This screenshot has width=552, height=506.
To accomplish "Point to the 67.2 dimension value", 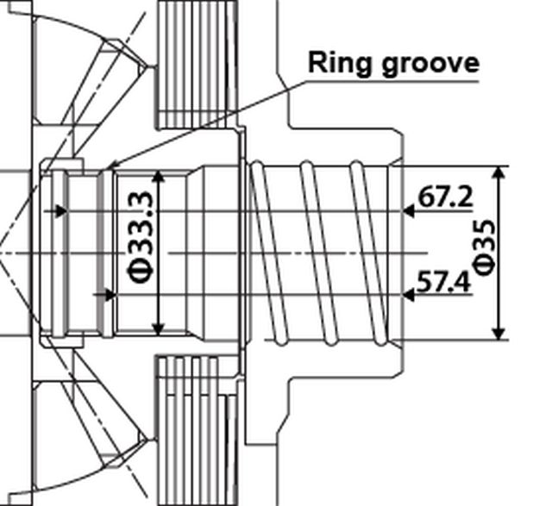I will (446, 197).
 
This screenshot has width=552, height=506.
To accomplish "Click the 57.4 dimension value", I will (444, 281).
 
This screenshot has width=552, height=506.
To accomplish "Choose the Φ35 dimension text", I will (485, 248).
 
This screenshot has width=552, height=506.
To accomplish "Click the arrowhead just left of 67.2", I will (409, 210).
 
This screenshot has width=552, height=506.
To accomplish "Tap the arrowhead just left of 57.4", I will (409, 295).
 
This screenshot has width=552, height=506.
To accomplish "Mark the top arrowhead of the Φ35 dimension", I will (499, 173).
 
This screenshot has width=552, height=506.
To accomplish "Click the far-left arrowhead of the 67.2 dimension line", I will (60, 210).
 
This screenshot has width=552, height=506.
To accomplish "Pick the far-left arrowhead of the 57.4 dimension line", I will (110, 295).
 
